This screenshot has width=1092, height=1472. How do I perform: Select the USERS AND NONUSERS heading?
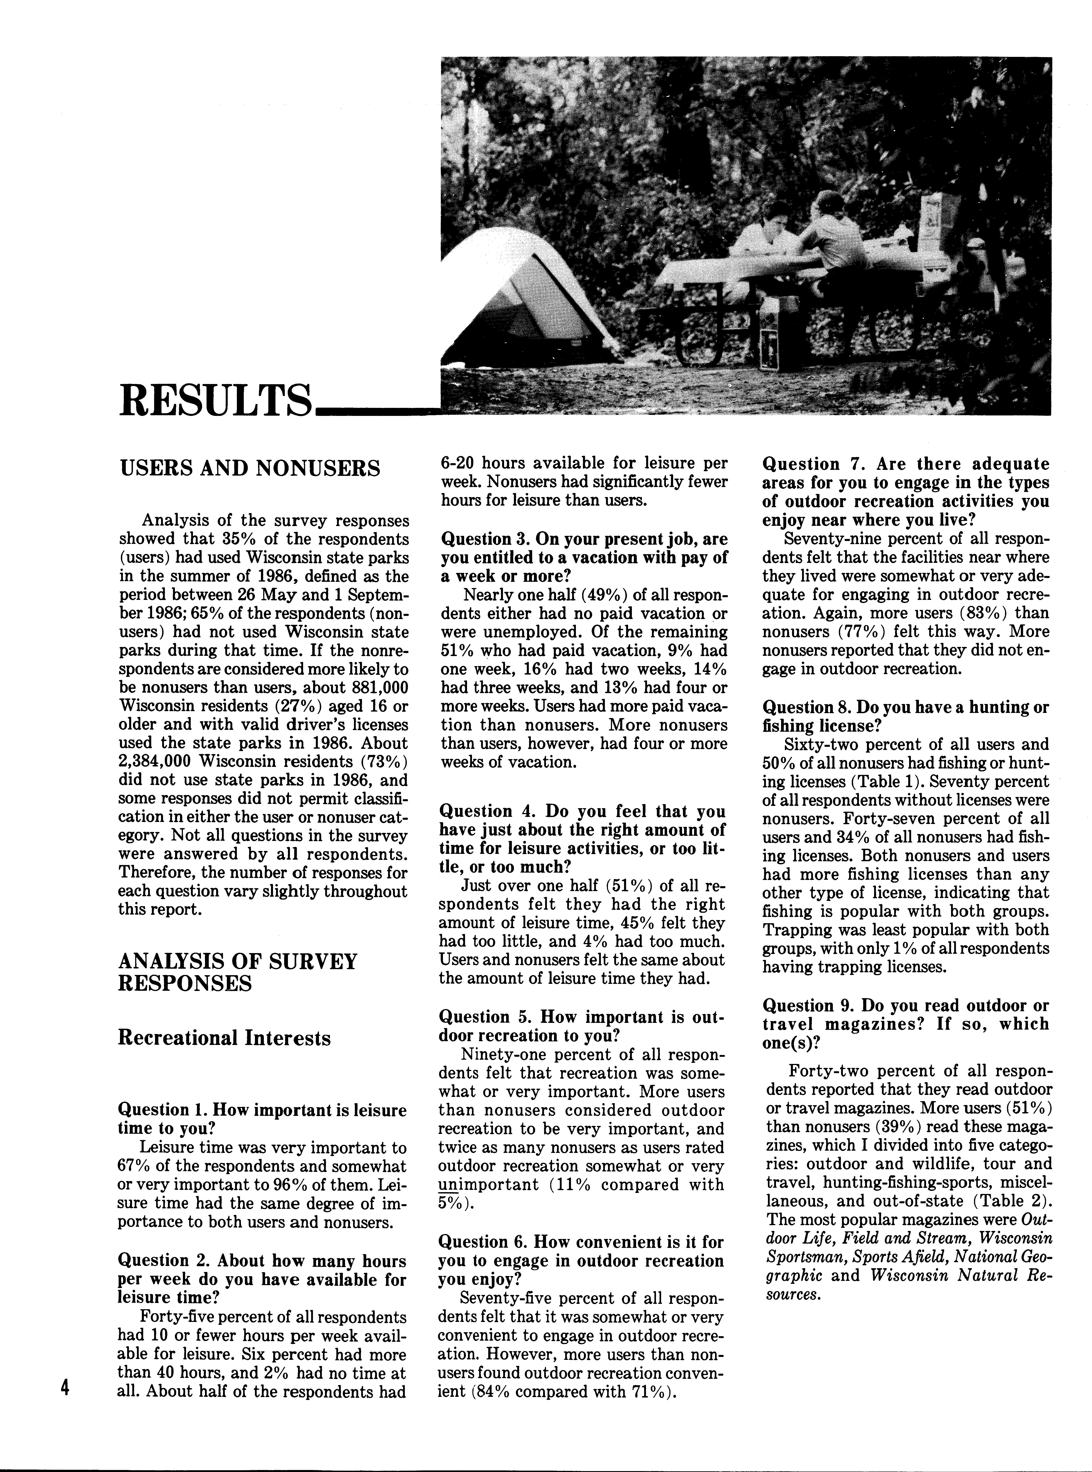[249, 468]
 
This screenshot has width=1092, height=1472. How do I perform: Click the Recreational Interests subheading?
[224, 1038]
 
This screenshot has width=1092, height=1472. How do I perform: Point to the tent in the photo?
[529, 297]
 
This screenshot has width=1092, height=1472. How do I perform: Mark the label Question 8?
[807, 707]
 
